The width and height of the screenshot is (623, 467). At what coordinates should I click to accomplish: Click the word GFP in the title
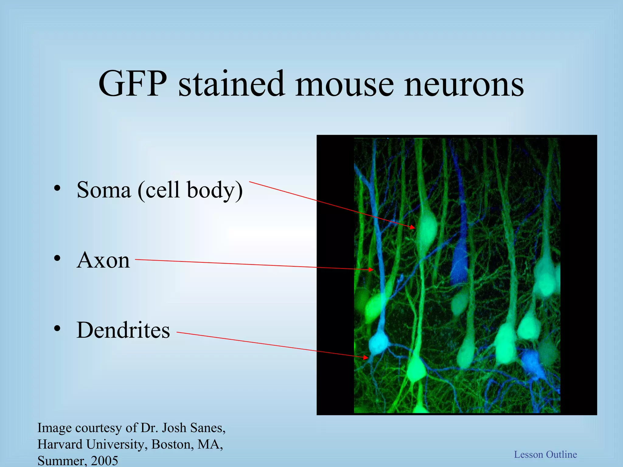point(133,84)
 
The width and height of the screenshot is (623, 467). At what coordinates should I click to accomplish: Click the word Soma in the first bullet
point(103,190)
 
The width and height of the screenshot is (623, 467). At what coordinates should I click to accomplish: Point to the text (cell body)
point(190,190)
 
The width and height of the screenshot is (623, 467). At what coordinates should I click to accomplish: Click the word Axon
point(103,260)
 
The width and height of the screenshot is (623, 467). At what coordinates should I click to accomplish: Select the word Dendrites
point(123,330)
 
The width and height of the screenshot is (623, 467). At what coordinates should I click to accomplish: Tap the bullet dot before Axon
point(57,258)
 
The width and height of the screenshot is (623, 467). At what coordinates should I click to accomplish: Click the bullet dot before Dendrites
point(57,329)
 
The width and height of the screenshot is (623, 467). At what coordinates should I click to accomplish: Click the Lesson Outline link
point(545,454)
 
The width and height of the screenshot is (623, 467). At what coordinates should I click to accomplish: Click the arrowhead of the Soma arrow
point(413,227)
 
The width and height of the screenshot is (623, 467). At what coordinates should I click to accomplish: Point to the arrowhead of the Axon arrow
point(371,269)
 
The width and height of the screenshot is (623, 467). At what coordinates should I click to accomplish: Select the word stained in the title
point(231,84)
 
